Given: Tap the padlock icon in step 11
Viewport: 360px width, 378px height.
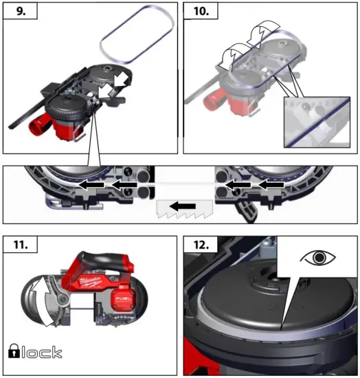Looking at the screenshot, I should pyautogui.click(x=14, y=352).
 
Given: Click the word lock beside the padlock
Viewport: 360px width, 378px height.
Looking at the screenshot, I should pyautogui.click(x=42, y=352).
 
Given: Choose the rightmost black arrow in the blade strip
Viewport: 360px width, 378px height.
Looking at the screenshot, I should pyautogui.click(x=269, y=185).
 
